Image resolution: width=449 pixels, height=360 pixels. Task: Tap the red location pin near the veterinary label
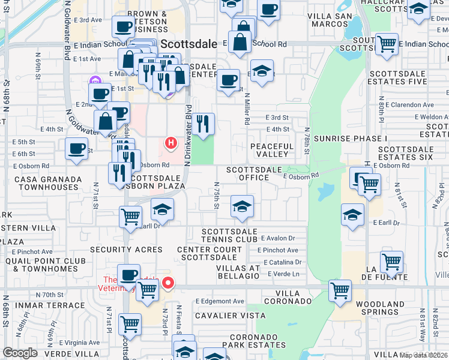click(x=169, y=283)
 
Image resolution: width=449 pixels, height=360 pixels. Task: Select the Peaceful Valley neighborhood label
click(x=272, y=150)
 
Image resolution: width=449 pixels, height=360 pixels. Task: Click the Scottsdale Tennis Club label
click(x=229, y=236)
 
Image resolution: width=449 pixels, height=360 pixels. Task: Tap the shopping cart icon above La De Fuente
click(x=391, y=262)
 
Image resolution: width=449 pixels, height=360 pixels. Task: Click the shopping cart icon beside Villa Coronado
click(x=340, y=290)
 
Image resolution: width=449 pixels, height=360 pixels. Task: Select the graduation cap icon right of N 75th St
click(x=241, y=208)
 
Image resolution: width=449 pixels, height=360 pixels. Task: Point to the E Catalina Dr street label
click(x=278, y=262)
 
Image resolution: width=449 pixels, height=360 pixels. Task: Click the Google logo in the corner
click(x=19, y=353)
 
